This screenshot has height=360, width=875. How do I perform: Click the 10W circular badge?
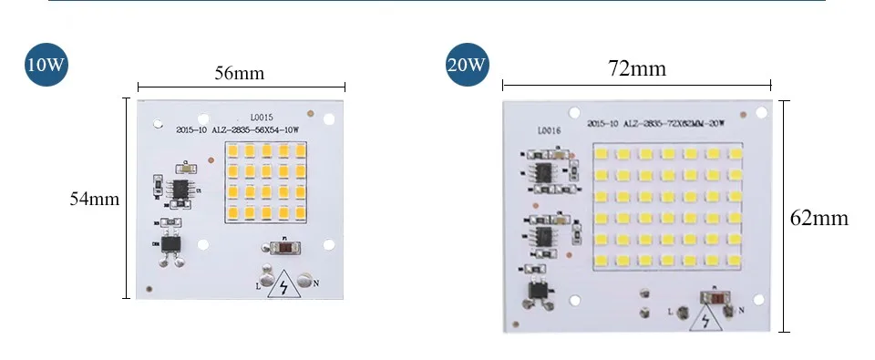point(46,67)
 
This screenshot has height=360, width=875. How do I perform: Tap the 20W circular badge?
point(466,67)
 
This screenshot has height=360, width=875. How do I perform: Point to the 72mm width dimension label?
point(636,68)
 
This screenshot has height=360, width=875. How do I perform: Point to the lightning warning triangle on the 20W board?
point(706,320)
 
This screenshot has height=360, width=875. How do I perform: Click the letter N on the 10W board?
point(315,283)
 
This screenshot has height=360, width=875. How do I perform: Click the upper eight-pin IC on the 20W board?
point(544,171)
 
